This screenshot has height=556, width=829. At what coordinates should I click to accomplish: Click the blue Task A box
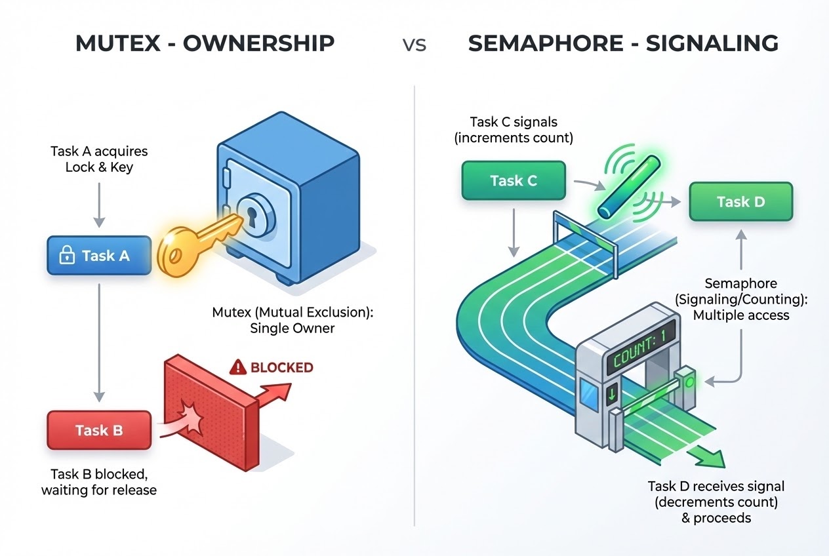coord(99,256)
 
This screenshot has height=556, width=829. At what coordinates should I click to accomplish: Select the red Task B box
coord(99,430)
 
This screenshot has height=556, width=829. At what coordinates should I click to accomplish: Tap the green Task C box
coord(514,181)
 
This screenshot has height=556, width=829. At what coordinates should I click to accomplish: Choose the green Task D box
coord(740,201)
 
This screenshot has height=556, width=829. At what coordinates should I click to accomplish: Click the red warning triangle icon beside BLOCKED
coord(237,368)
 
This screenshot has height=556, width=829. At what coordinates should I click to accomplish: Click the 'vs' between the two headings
coord(414,45)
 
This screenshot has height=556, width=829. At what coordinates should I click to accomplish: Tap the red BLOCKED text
coord(281,368)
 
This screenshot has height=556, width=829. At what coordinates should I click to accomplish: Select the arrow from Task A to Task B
coord(99,341)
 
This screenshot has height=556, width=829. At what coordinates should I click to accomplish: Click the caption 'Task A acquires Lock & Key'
coord(99,159)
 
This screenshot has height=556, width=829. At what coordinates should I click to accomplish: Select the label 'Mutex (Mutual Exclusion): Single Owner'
coord(293,321)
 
